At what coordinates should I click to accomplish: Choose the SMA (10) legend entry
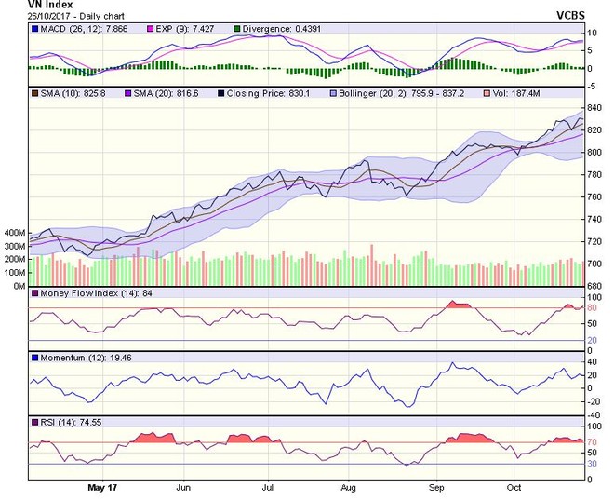pos(67,94)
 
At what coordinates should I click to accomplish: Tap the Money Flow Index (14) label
pos(88,294)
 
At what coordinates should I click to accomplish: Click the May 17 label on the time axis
pos(102,486)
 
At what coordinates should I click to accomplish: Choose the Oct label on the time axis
pos(514,486)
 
